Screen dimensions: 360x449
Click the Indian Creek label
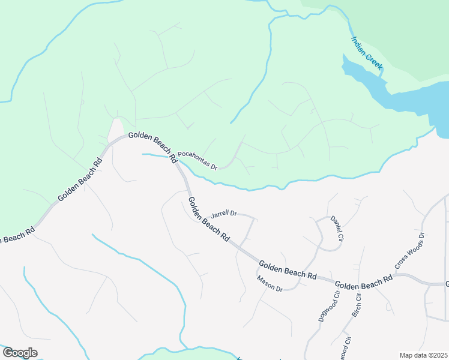(x=367, y=53)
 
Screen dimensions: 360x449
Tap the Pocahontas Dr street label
(x=197, y=160)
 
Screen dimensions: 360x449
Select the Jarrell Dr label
(x=224, y=213)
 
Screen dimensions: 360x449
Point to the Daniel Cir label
(x=337, y=229)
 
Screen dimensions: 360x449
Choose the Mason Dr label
(x=269, y=283)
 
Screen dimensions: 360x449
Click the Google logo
(x=19, y=353)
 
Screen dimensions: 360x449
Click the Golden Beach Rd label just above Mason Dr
(x=288, y=269)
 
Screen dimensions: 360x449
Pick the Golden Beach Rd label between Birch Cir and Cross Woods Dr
(x=363, y=282)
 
